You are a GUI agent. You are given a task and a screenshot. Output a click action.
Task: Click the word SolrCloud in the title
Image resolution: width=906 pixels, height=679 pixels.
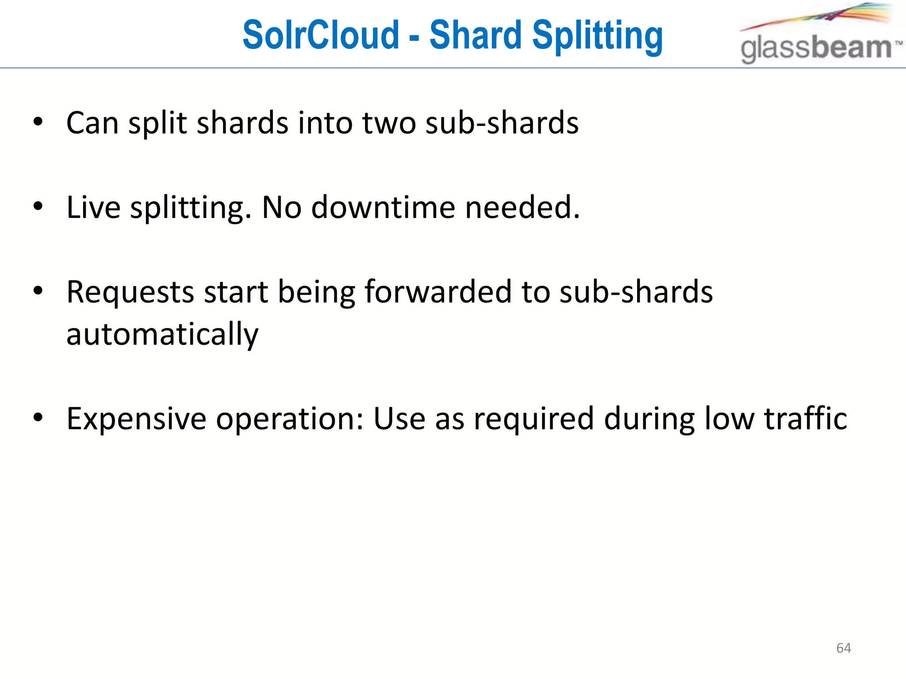(x=321, y=35)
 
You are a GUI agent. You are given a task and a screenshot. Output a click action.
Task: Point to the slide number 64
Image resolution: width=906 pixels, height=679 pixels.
(x=844, y=648)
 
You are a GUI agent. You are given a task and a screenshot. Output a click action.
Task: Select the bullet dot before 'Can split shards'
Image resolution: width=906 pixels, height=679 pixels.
(x=38, y=122)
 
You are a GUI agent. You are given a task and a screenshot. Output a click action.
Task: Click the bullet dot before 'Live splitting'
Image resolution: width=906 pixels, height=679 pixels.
(x=38, y=206)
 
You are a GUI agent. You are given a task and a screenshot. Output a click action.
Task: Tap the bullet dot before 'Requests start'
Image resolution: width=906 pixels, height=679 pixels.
(x=38, y=291)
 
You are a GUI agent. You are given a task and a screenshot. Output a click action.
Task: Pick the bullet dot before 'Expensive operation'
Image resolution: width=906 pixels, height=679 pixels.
(x=38, y=417)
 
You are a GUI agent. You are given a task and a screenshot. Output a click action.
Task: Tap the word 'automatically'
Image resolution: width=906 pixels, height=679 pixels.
(x=162, y=334)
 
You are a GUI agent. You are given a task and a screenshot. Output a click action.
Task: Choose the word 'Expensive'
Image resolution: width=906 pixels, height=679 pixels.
(x=136, y=419)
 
